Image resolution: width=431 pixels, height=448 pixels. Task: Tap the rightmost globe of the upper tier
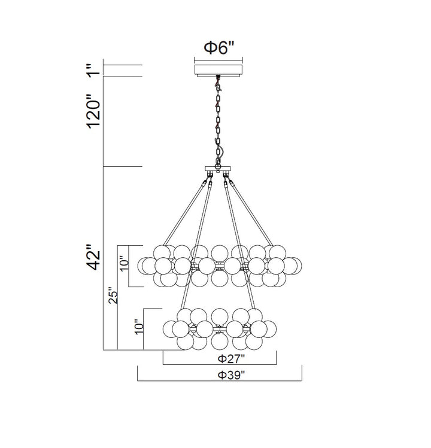pyautogui.click(x=292, y=264)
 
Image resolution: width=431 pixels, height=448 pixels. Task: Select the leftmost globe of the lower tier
pyautogui.click(x=171, y=328)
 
